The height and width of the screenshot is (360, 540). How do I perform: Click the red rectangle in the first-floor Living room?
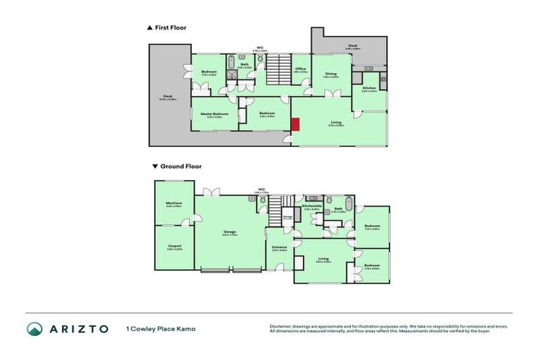click(x=296, y=124)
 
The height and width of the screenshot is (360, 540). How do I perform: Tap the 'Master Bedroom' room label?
click(x=214, y=113)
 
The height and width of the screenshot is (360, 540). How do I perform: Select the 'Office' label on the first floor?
click(x=300, y=68)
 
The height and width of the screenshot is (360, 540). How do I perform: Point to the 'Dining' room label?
click(x=330, y=73)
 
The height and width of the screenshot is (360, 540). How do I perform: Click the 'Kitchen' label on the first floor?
click(x=369, y=88)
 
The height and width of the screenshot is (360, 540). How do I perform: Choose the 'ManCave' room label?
click(x=174, y=203)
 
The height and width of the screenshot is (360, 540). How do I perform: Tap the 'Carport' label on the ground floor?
click(x=174, y=245)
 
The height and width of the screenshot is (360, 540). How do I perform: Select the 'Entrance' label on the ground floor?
click(x=279, y=247)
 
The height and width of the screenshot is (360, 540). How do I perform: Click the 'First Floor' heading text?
click(x=170, y=28)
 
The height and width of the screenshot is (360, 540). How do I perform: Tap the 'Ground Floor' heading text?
click(x=181, y=167)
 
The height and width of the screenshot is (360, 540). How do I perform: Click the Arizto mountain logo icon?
click(x=35, y=328)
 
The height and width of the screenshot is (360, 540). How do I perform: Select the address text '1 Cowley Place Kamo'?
click(x=160, y=328)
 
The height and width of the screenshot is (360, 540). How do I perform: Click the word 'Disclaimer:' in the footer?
click(x=282, y=326)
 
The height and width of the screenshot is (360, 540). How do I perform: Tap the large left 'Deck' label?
click(x=167, y=97)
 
